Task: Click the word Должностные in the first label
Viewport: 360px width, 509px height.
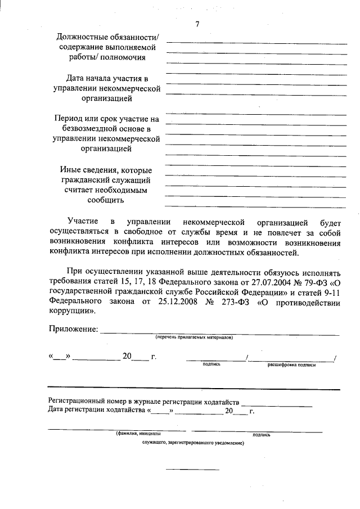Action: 78,37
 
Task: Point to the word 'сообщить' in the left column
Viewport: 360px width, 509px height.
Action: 107,200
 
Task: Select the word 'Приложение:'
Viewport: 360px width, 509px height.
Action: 73,329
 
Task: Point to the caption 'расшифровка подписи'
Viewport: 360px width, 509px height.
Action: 291,365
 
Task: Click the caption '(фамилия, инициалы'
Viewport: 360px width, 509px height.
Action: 138,434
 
